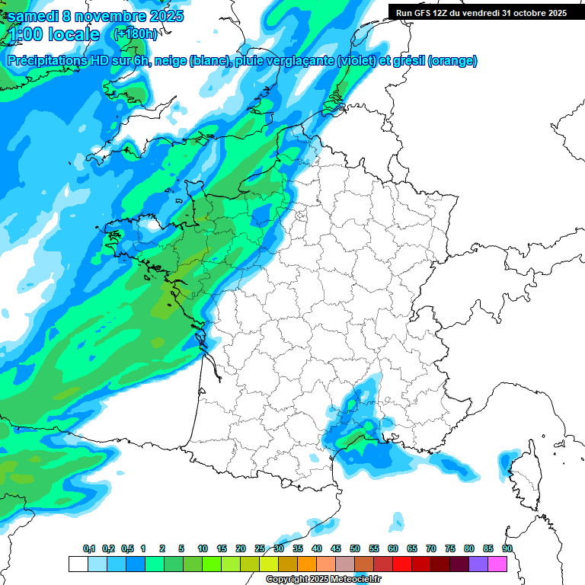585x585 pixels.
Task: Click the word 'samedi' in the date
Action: tap(31, 16)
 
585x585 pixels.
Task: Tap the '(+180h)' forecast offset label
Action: tap(135, 34)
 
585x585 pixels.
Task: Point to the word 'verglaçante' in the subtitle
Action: tap(301, 61)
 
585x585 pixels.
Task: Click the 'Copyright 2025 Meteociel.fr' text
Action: tap(323, 580)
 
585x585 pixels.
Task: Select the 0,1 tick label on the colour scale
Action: tap(89, 549)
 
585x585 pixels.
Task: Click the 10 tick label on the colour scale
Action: tap(203, 549)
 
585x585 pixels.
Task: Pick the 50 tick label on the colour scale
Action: tap(355, 549)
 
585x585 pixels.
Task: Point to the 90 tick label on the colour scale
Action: tap(507, 549)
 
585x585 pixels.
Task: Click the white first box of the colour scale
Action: tap(78, 564)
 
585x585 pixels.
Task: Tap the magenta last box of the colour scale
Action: tap(497, 564)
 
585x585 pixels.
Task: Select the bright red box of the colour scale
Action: tap(402, 564)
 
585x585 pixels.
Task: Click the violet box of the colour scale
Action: tap(478, 564)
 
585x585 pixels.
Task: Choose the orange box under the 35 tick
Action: tap(307, 564)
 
